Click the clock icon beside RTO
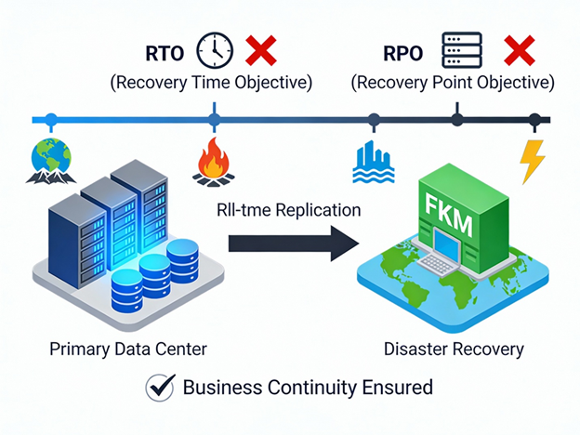click(x=215, y=51)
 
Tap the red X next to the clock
click(x=261, y=51)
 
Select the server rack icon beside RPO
click(x=462, y=50)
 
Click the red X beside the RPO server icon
click(x=520, y=51)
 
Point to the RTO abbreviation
click(x=165, y=53)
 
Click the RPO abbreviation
click(x=402, y=53)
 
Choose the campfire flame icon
click(x=214, y=162)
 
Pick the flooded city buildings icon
click(x=374, y=162)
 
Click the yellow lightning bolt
click(x=532, y=162)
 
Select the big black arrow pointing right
click(x=294, y=244)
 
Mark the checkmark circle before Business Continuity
click(x=161, y=388)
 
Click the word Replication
click(x=318, y=210)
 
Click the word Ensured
click(x=397, y=388)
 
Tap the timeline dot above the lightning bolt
click(x=534, y=120)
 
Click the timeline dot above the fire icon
click(x=214, y=120)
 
